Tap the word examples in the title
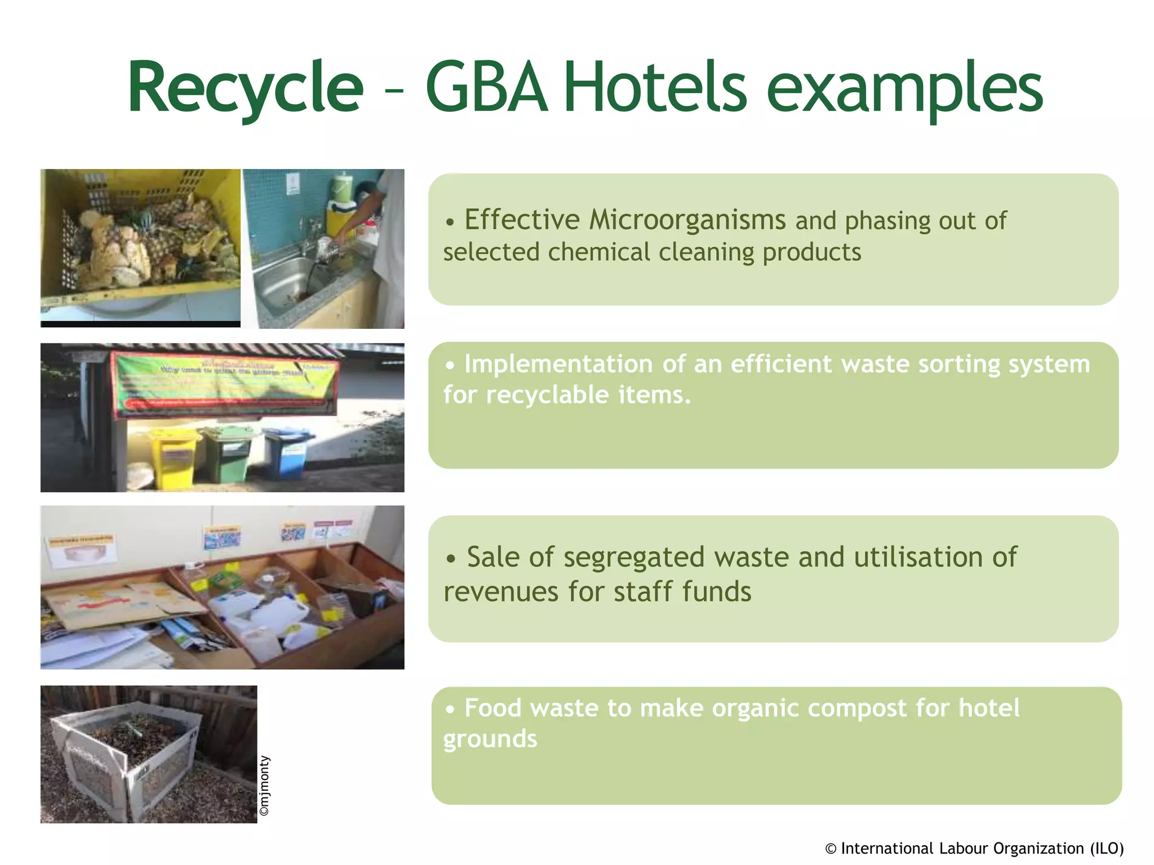point(904,90)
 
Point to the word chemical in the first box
point(598,252)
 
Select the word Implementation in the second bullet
point(558,364)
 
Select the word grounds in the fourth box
point(490,739)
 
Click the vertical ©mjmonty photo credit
point(264,786)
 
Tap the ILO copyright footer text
point(974,848)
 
